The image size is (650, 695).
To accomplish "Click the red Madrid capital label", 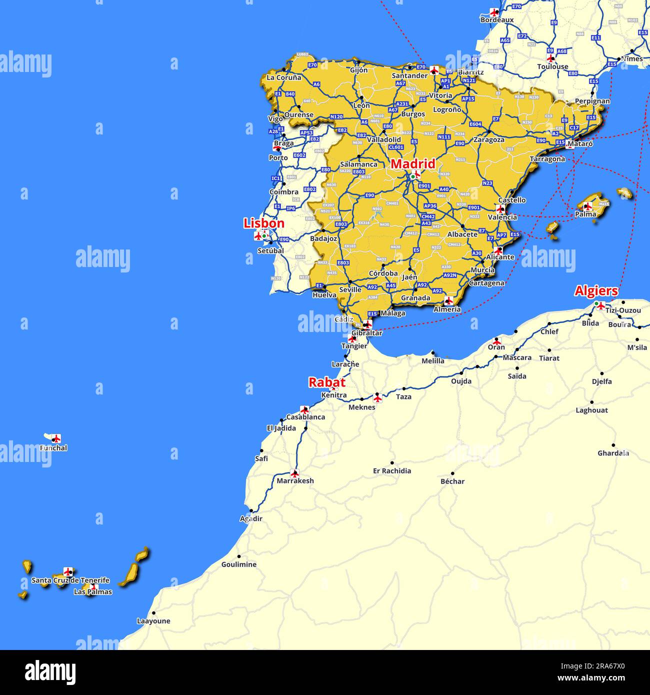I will click(x=412, y=164).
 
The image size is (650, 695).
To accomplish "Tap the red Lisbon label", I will click(x=264, y=223).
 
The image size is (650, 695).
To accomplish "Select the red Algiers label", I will click(x=596, y=291).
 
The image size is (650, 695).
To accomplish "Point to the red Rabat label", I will click(x=326, y=382).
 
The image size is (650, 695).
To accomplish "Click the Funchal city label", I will click(x=53, y=448).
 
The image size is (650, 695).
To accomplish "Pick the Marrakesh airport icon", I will click(x=294, y=473).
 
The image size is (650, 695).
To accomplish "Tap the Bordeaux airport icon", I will click(x=494, y=12).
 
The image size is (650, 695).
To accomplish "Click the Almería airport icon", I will click(x=448, y=300).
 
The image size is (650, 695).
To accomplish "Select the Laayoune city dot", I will click(x=153, y=613).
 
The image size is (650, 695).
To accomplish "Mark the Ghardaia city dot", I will click(x=613, y=445).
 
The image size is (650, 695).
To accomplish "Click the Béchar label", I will click(x=452, y=481).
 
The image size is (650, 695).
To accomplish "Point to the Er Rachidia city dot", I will click(x=392, y=463).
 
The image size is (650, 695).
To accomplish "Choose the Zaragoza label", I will click(x=489, y=140).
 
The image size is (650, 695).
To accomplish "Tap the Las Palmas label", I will click(x=93, y=592).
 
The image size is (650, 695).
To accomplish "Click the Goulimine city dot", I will click(x=238, y=556).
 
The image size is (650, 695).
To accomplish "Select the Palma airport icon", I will click(x=588, y=205).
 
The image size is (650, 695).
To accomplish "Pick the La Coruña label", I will click(x=284, y=77).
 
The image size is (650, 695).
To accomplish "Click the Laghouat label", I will click(x=591, y=410).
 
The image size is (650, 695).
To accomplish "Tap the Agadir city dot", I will click(x=251, y=511).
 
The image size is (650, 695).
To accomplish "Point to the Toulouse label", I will click(x=552, y=66).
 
